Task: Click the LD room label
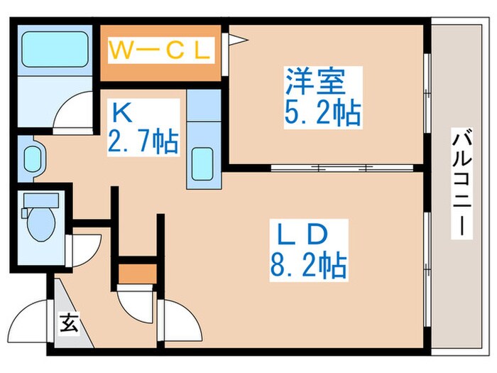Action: pos(301,234)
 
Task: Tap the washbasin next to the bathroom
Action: pos(33,159)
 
